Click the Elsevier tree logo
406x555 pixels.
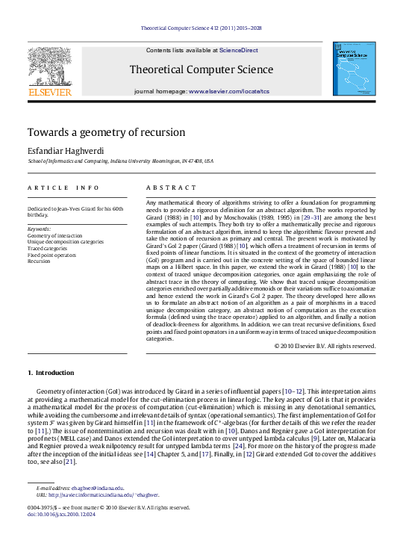click(x=49, y=68)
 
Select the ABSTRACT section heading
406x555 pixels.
click(x=169, y=187)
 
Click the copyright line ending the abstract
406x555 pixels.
click(x=324, y=347)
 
